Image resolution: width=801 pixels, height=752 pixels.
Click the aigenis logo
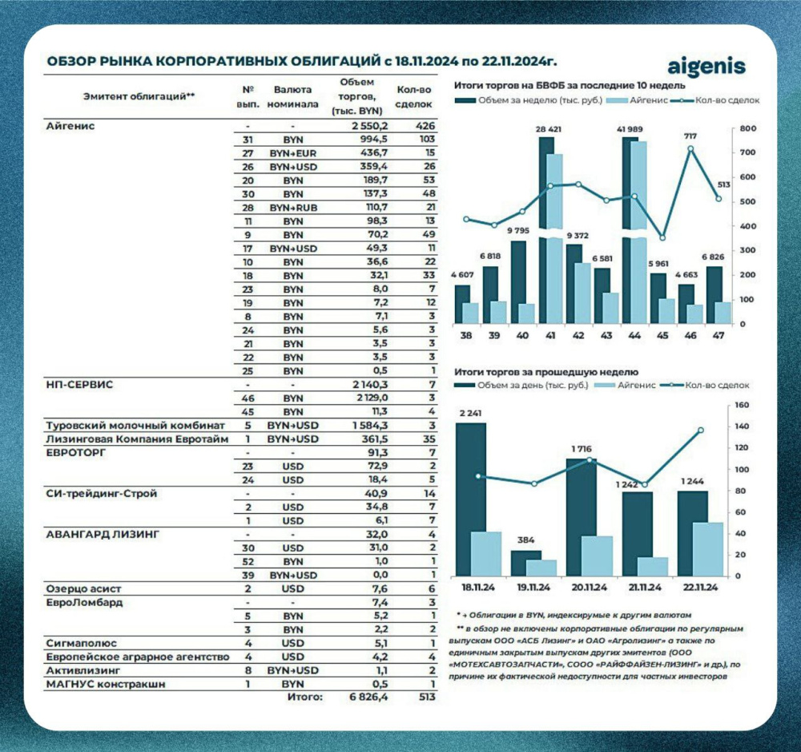pyautogui.click(x=706, y=66)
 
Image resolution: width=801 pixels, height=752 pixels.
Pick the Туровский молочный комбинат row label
pyautogui.click(x=135, y=425)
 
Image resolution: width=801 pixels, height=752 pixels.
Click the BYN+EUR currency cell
pyautogui.click(x=292, y=153)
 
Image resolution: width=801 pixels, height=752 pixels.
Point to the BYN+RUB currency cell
pyautogui.click(x=292, y=208)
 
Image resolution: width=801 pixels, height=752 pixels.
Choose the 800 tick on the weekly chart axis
pyautogui.click(x=748, y=129)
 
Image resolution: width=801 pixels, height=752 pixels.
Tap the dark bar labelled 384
pyautogui.click(x=526, y=562)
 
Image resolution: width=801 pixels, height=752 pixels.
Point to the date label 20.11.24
pyautogui.click(x=582, y=588)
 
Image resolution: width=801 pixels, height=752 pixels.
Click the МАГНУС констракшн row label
pyautogui.click(x=109, y=684)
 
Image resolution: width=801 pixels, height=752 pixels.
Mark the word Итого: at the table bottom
pyautogui.click(x=305, y=697)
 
